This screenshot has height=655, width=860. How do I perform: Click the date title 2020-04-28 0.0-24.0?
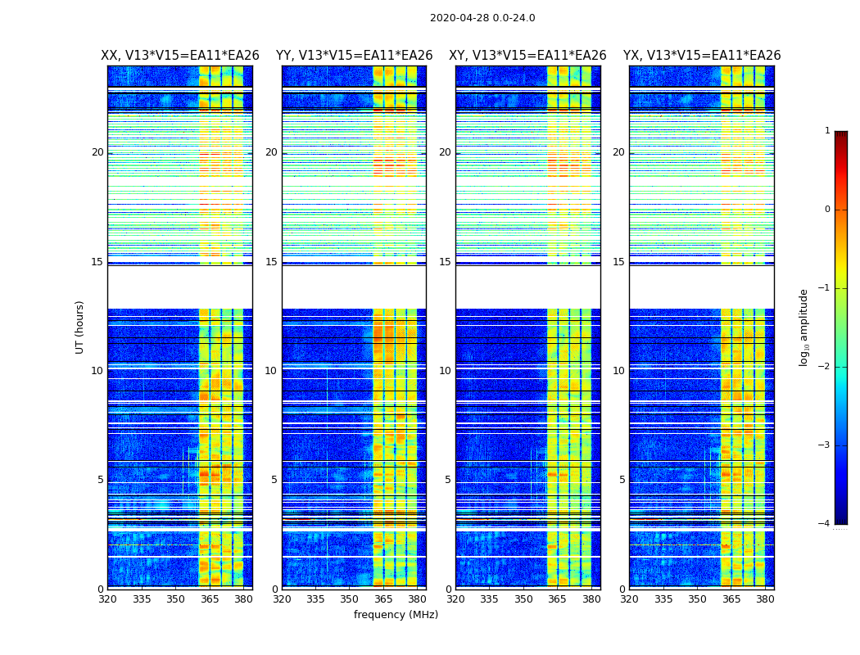click(x=482, y=18)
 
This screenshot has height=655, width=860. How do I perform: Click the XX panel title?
click(x=180, y=56)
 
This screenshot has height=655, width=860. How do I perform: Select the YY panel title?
click(x=354, y=56)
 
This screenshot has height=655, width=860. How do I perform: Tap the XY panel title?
click(x=527, y=56)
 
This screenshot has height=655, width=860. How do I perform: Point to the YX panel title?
click(x=702, y=56)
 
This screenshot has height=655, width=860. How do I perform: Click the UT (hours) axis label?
click(x=80, y=327)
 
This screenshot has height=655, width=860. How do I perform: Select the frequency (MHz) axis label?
click(x=396, y=615)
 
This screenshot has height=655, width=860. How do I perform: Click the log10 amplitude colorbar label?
click(x=804, y=327)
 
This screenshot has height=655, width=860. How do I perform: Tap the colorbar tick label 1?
click(x=826, y=131)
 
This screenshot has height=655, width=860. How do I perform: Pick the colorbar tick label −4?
click(x=825, y=524)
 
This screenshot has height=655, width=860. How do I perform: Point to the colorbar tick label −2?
click(x=825, y=367)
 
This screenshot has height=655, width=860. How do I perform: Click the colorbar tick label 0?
click(x=826, y=210)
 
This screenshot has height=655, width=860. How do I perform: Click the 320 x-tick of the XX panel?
click(x=107, y=599)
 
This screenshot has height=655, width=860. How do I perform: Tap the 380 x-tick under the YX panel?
click(x=765, y=599)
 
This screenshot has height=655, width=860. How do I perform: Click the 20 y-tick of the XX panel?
click(x=97, y=152)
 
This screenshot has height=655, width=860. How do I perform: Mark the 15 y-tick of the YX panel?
click(x=619, y=262)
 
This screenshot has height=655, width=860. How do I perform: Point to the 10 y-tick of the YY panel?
click(x=271, y=371)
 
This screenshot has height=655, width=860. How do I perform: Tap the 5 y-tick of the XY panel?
click(x=448, y=480)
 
